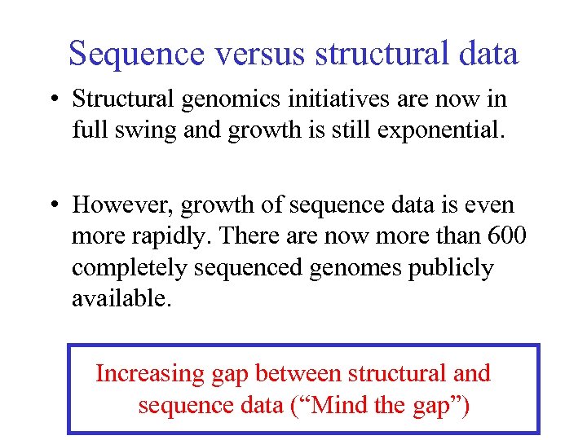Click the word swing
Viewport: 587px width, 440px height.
(143, 130)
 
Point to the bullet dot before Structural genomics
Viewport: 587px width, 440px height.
(55, 99)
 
